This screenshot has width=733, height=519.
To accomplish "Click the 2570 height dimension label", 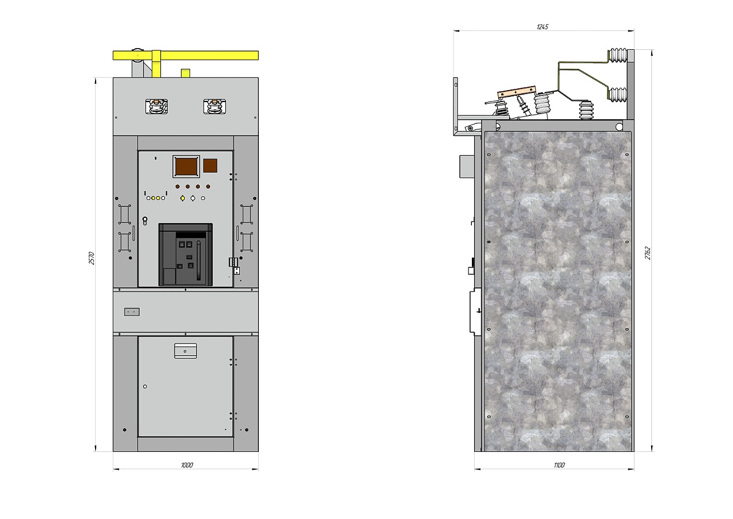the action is [92, 258].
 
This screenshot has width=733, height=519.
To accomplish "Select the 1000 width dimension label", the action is [187, 465].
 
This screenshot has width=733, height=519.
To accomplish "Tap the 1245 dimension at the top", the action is [542, 26].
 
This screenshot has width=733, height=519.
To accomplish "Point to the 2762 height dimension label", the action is [648, 253].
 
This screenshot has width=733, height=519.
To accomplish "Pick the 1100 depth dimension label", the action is [559, 465].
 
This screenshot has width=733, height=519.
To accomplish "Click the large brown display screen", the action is [186, 166].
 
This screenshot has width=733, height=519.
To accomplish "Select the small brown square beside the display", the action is [210, 166].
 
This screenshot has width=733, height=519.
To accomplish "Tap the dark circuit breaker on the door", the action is [186, 255].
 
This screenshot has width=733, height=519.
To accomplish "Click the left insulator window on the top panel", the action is [157, 107].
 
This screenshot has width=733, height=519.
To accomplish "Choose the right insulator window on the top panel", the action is [215, 107].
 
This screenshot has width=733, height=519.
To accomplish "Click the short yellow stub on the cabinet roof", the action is [186, 73].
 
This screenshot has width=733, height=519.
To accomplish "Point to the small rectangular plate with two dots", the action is [132, 312].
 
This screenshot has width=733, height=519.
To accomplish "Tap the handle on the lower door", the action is [186, 350].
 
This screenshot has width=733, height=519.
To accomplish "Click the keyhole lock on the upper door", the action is [145, 221].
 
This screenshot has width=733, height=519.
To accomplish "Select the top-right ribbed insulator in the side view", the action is [617, 56].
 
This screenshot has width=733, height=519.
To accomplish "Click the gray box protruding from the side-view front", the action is [467, 166].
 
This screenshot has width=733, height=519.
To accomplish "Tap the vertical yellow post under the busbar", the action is [156, 64].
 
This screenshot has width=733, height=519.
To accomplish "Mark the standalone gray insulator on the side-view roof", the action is [586, 111].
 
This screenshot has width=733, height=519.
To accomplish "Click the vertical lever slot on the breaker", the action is [199, 260].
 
